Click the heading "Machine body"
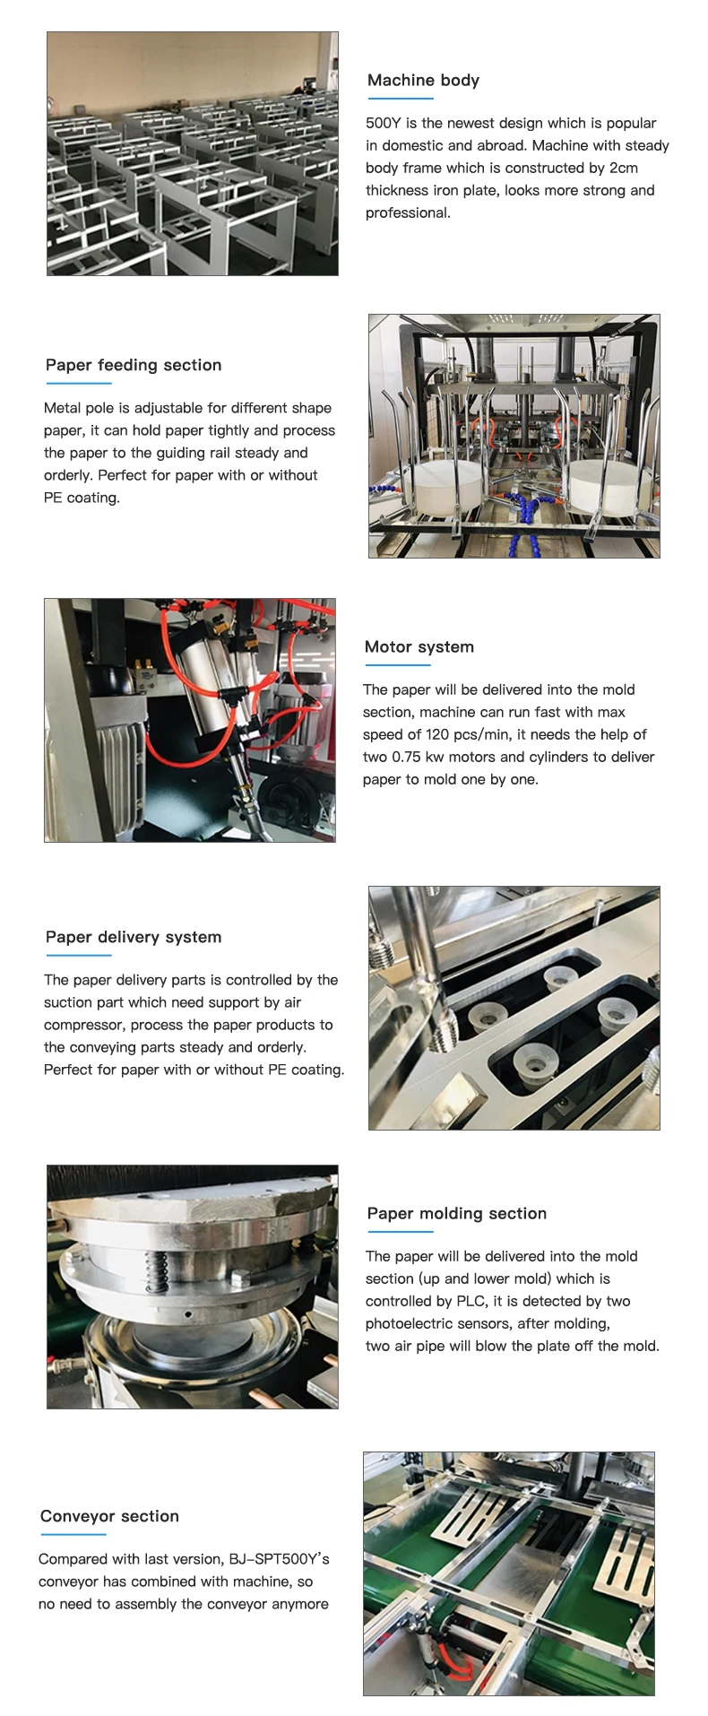coord(423,81)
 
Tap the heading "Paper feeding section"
coord(134,366)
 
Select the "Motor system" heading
coord(419,647)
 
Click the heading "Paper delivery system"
coord(134,938)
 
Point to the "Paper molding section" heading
coord(457,1214)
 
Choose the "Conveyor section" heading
coord(109,1517)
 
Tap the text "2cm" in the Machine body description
coord(624,169)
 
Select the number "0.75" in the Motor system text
coord(406,758)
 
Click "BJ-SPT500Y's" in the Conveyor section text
coord(279,1560)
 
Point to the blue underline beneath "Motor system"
coord(398,665)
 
